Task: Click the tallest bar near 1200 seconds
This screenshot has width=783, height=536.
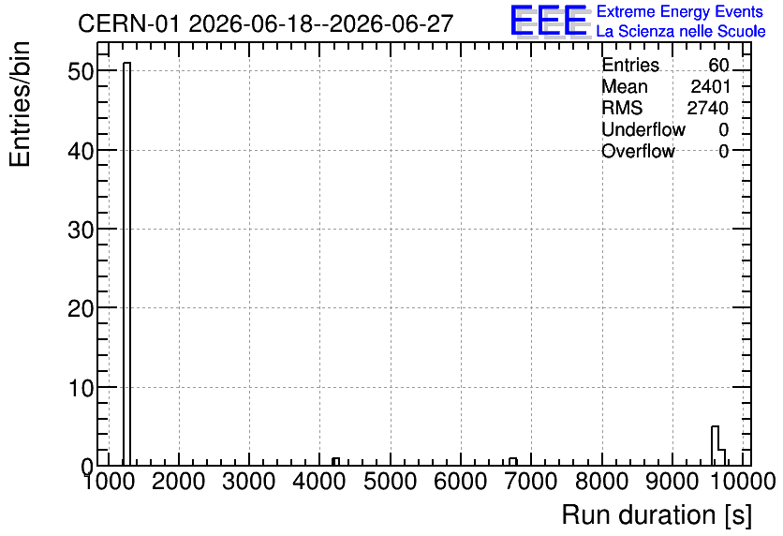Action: click(x=126, y=263)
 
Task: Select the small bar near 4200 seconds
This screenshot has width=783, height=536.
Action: click(x=335, y=462)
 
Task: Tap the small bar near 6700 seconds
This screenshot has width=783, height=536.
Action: click(x=513, y=462)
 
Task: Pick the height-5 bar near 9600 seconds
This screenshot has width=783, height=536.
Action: click(x=715, y=446)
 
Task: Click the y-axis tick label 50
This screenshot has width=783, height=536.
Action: click(x=81, y=71)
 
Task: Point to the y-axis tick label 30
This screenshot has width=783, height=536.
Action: click(x=81, y=230)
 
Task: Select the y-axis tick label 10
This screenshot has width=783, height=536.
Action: click(x=81, y=388)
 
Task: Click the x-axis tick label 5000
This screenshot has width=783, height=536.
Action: click(x=390, y=482)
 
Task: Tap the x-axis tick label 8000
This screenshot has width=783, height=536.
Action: click(x=601, y=482)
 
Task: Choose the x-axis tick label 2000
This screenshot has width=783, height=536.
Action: click(x=178, y=482)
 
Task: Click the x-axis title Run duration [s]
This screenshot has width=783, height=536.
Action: click(x=657, y=515)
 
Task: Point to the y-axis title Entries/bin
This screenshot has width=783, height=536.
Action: click(x=21, y=104)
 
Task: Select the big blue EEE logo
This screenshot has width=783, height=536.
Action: click(x=549, y=21)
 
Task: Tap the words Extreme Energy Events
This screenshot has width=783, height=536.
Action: click(x=680, y=11)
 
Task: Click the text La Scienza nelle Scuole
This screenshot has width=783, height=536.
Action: click(x=681, y=31)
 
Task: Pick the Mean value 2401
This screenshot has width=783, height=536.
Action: click(x=710, y=86)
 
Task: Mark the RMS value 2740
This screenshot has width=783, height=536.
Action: click(x=707, y=108)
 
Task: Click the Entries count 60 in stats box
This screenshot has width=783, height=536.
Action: click(x=718, y=65)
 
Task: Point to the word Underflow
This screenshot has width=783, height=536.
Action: click(x=643, y=129)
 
